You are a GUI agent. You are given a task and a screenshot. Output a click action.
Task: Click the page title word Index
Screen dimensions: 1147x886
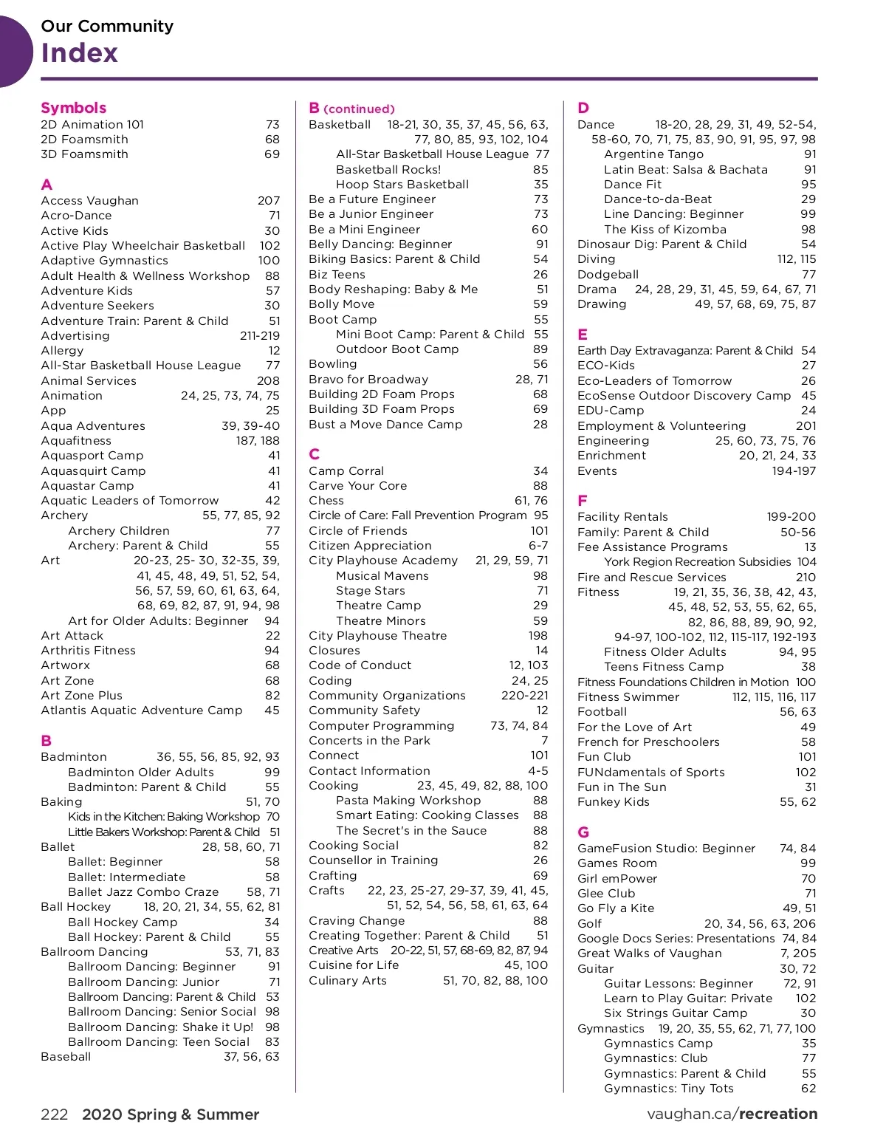(x=80, y=53)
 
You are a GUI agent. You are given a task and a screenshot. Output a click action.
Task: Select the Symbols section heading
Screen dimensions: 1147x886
(x=74, y=108)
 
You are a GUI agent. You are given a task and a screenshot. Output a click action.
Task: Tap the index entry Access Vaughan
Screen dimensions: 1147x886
(x=90, y=201)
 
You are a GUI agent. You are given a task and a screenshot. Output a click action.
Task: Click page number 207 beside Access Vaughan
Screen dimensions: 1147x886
(x=269, y=201)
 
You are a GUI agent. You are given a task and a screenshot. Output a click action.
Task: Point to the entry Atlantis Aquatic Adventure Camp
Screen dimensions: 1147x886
(x=142, y=711)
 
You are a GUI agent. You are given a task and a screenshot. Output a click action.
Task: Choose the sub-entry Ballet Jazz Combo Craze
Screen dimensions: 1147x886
(x=143, y=892)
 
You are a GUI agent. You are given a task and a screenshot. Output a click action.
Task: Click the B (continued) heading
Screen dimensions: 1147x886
(x=352, y=109)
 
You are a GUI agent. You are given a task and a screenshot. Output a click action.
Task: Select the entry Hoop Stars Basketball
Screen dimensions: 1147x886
(x=402, y=185)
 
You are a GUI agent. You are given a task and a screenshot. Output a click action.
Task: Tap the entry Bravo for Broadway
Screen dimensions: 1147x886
(x=368, y=380)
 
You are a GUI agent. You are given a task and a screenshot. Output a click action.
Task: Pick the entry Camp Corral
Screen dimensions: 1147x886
(x=346, y=471)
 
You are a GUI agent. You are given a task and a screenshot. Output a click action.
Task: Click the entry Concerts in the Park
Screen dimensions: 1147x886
(x=369, y=741)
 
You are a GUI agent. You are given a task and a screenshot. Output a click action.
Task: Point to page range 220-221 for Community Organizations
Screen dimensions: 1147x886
(x=525, y=696)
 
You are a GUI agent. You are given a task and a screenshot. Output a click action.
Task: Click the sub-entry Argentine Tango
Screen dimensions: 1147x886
(x=653, y=154)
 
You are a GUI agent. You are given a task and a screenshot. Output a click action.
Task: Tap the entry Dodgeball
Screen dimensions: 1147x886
(x=608, y=275)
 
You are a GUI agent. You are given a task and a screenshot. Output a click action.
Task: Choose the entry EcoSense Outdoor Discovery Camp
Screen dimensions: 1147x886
(x=684, y=396)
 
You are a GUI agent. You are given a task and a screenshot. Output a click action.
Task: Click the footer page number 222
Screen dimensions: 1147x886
(x=55, y=1115)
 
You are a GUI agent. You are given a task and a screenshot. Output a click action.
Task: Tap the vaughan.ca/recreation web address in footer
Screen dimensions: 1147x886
(x=732, y=1114)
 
